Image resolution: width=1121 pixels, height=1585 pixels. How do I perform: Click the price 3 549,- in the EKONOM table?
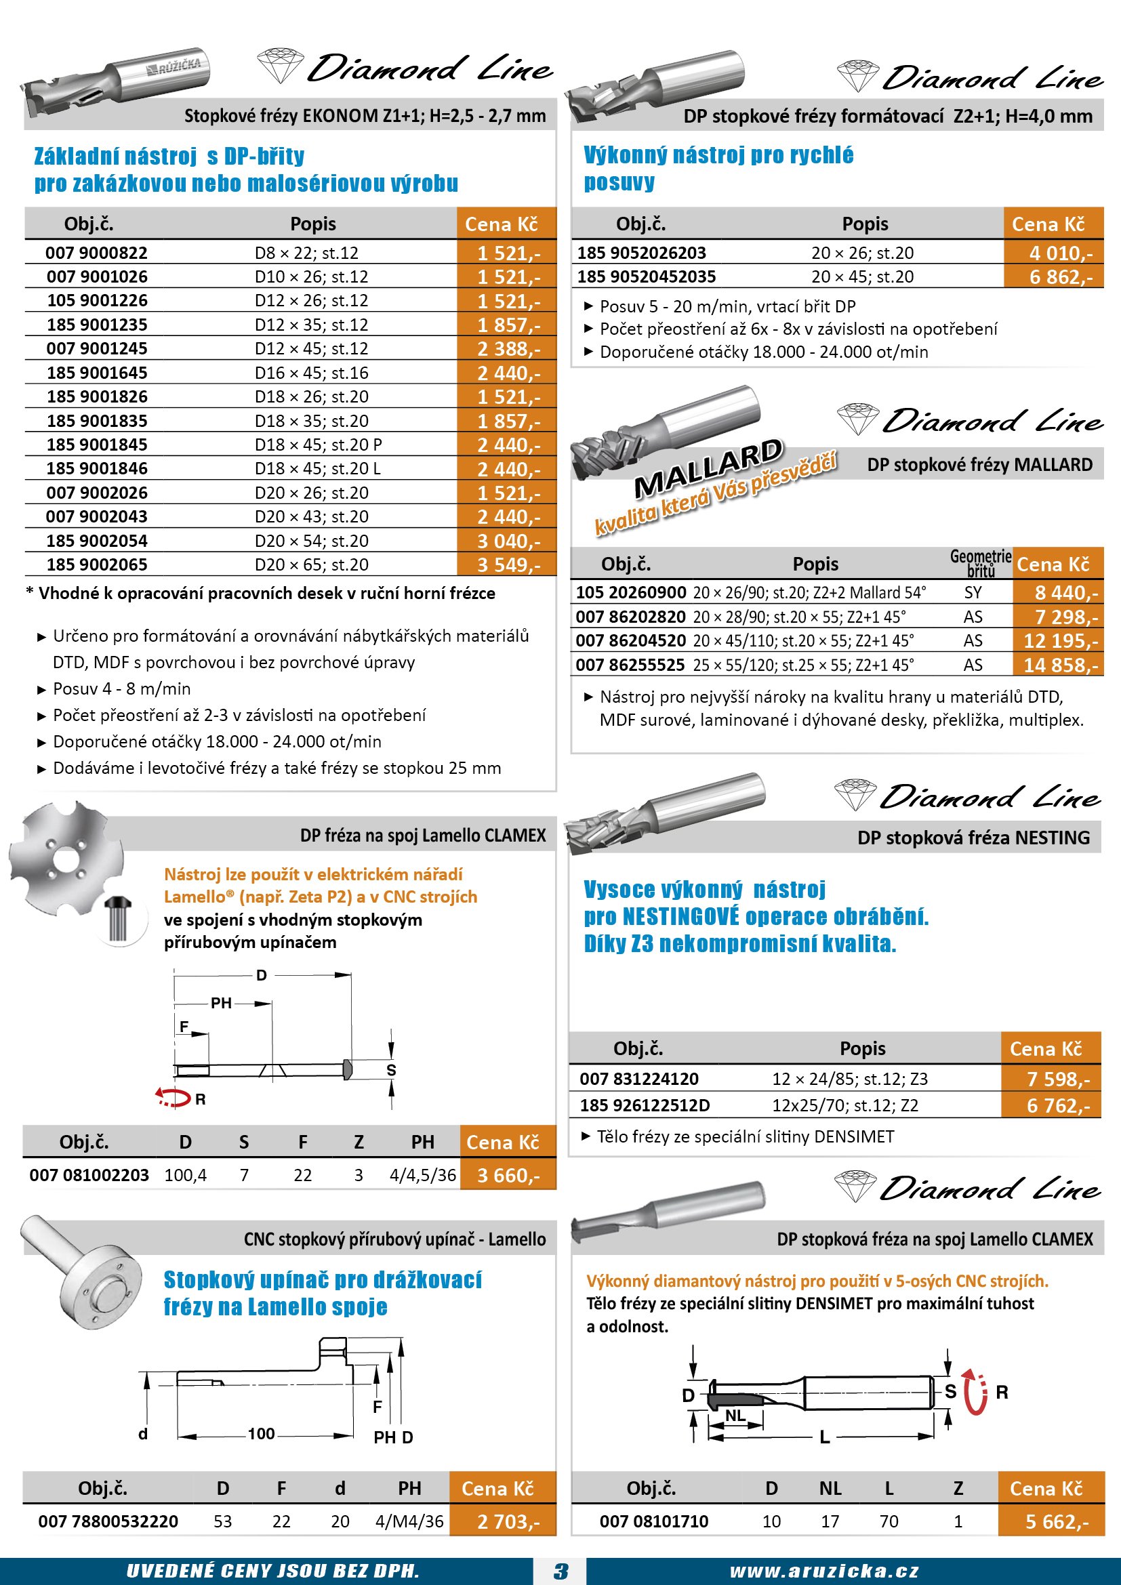pos(508,564)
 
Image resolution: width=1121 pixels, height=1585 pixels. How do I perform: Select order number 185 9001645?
pos(98,373)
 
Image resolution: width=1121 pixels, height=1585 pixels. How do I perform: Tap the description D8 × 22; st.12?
pos(306,253)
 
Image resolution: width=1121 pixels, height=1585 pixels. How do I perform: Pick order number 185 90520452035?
pos(646,277)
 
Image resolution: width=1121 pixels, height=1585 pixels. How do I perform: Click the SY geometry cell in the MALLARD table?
pos(973,592)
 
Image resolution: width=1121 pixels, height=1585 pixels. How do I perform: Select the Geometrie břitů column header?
pos(980,562)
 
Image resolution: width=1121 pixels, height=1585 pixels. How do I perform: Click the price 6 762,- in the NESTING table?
pos(1057,1105)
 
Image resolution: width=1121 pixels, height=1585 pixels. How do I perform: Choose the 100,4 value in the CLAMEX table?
pos(185,1175)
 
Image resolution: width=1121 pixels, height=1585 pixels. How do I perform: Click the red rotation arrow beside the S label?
pos(974,1392)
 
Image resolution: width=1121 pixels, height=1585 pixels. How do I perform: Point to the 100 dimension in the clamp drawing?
pos(261,1434)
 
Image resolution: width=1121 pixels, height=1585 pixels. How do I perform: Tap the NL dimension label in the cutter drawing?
pos(735,1415)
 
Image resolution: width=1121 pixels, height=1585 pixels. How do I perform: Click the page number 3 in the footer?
pos(560,1571)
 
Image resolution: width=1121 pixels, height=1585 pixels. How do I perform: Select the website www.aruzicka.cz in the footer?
pos(824,1571)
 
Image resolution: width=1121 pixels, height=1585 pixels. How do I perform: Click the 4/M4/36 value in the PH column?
pos(409,1521)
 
